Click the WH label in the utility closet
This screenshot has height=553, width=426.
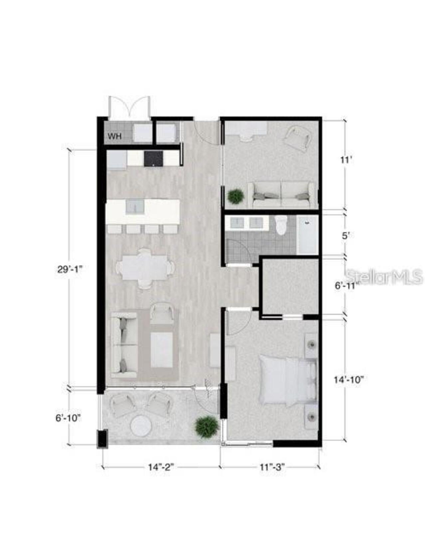click(x=114, y=136)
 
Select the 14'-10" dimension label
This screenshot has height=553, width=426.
click(x=348, y=380)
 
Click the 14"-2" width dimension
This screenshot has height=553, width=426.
click(x=161, y=467)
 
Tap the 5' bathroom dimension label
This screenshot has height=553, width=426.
click(x=346, y=236)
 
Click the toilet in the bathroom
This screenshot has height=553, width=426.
click(x=282, y=225)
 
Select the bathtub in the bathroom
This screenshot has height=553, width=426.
click(x=307, y=235)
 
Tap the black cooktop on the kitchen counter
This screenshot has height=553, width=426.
click(x=153, y=158)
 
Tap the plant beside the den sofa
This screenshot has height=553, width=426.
click(x=236, y=196)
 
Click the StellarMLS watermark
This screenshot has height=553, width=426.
click(x=384, y=276)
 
